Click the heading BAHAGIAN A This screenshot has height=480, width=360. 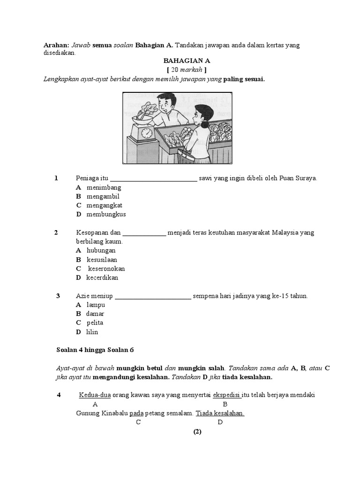click(x=187, y=61)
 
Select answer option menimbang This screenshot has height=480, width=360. click(x=103, y=187)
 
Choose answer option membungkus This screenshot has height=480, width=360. click(x=106, y=214)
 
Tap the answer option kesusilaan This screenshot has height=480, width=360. click(x=102, y=260)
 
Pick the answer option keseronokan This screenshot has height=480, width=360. click(x=106, y=269)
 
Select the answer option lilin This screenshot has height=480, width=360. click(x=92, y=332)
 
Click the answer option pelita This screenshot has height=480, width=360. click(x=95, y=323)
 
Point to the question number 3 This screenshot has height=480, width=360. click(x=58, y=296)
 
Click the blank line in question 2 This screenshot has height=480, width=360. click(x=144, y=233)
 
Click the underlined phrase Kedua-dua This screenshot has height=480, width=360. click(x=95, y=395)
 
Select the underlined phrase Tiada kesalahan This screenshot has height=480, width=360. click(x=220, y=413)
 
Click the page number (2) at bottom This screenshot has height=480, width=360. click(x=197, y=432)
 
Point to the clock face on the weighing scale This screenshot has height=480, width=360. click(x=147, y=133)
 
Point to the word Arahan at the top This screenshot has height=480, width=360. click(x=56, y=45)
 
